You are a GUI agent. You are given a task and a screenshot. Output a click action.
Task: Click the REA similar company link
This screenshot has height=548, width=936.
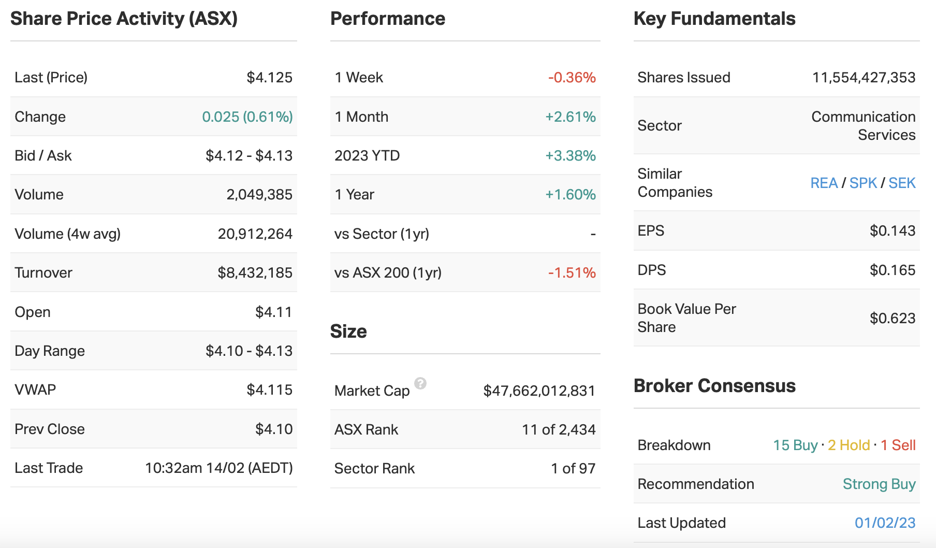pos(824,183)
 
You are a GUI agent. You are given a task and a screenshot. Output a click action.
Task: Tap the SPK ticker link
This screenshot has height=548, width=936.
pos(863,183)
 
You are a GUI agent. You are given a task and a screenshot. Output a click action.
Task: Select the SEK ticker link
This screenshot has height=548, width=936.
pos(902,183)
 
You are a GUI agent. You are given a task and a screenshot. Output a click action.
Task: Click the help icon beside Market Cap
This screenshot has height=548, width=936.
pos(420,383)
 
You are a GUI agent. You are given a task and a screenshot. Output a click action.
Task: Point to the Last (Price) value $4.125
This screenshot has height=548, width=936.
pos(269,78)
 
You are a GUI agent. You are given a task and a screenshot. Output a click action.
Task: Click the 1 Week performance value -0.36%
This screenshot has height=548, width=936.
pos(572,78)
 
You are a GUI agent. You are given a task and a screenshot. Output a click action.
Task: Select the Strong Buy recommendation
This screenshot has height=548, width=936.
pos(879,484)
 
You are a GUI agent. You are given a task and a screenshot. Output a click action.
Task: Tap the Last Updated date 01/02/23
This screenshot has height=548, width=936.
pos(885,523)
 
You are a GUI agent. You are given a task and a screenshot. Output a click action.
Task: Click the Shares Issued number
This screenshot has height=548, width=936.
pos(864,78)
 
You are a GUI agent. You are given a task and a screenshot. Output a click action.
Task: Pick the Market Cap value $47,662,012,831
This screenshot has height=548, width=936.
pos(539,391)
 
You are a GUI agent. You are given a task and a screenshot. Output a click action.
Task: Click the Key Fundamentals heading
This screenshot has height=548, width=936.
pos(714,19)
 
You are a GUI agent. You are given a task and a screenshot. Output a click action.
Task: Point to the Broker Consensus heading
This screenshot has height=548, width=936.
pos(714,386)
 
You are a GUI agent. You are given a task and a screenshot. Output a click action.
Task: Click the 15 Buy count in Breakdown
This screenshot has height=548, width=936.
pos(795,445)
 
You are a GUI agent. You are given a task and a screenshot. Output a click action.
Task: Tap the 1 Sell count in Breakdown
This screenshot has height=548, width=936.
pos(898,445)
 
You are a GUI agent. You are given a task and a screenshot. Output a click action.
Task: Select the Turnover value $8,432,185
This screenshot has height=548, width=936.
pos(255,272)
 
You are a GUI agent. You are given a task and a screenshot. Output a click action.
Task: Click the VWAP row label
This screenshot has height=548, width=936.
pos(35,390)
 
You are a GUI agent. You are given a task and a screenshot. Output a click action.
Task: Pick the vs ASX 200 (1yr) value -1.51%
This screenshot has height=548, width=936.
pos(572,272)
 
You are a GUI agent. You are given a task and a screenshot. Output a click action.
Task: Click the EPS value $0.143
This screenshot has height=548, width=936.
pos(892,230)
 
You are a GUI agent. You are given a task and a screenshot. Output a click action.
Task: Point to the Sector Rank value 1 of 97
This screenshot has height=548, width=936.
pos(573,468)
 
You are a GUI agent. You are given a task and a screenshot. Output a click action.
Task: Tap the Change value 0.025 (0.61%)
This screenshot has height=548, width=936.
pos(247,117)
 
